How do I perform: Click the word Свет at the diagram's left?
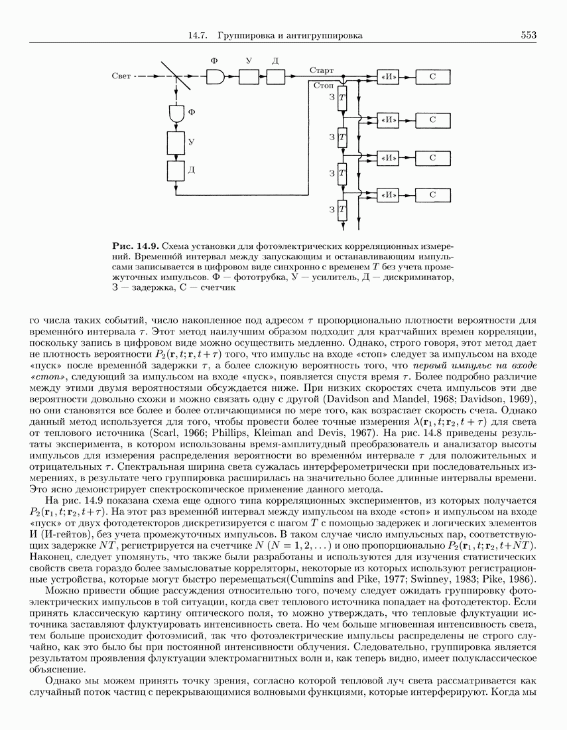pos(121,77)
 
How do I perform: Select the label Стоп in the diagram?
pos(324,86)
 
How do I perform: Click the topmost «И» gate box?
pos(387,77)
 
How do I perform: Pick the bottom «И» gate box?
pos(387,195)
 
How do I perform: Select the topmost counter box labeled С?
pos(432,77)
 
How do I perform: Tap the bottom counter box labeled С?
pos(432,195)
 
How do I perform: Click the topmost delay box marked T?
pos(342,98)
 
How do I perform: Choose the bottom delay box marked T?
pos(342,211)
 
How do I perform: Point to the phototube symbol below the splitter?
pos(176,113)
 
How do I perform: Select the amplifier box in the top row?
pos(248,77)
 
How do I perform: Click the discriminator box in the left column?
pos(176,171)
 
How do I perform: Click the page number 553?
pos(528,35)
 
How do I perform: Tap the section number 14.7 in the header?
pos(200,35)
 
